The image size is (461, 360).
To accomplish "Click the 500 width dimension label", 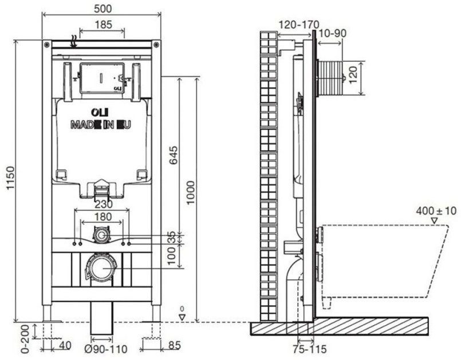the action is [103, 9].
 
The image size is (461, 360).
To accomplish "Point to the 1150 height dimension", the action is [10, 178].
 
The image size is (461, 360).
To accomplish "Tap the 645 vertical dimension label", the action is [173, 155].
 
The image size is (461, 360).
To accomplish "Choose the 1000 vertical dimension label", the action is [190, 193].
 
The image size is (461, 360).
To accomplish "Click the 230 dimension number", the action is [103, 204].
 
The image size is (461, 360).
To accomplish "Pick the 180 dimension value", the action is [103, 216].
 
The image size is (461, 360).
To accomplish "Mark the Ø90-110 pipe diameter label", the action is [106, 349].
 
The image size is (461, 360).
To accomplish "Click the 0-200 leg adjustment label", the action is [26, 339].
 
